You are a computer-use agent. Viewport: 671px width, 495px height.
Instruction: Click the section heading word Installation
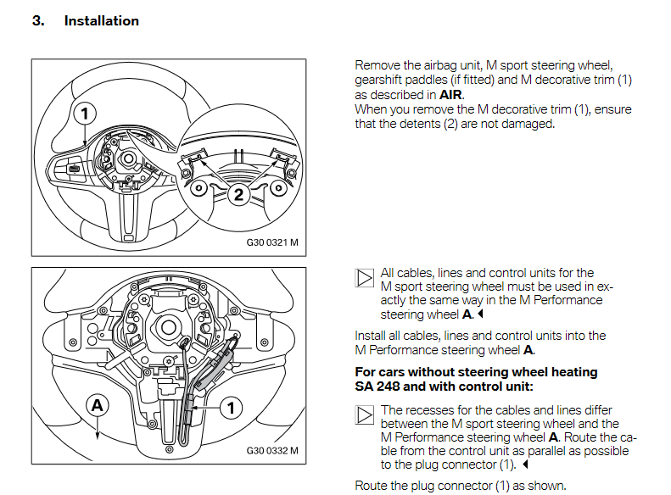pyautogui.click(x=102, y=20)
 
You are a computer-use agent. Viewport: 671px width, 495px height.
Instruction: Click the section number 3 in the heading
pyautogui.click(x=37, y=20)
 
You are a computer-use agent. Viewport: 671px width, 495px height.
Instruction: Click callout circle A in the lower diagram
pyautogui.click(x=98, y=406)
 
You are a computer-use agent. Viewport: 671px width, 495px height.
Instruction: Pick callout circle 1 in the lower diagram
pyautogui.click(x=230, y=408)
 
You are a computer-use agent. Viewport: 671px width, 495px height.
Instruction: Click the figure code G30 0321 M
pyautogui.click(x=272, y=242)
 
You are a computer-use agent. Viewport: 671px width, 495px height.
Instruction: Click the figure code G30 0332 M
pyautogui.click(x=272, y=450)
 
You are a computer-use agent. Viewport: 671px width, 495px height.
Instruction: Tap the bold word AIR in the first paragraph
pyautogui.click(x=450, y=95)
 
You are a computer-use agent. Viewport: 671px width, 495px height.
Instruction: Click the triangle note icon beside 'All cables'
pyautogui.click(x=364, y=279)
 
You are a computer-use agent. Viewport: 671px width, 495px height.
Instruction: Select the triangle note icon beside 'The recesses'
pyautogui.click(x=364, y=414)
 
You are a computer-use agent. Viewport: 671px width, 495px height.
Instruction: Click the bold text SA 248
pyautogui.click(x=378, y=387)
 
